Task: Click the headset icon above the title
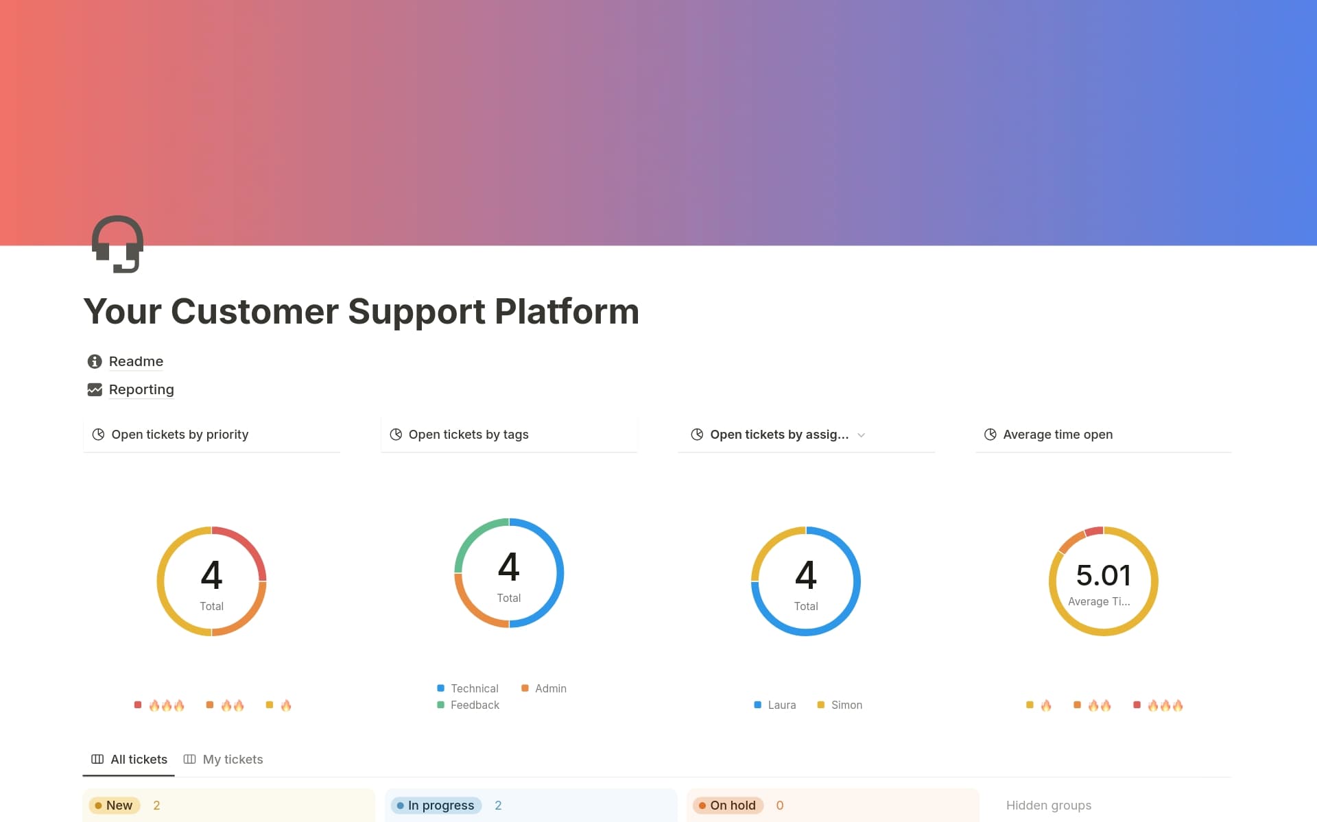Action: tap(117, 244)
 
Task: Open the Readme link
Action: tap(135, 361)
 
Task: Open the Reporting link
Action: tap(141, 389)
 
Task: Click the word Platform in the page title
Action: tap(567, 312)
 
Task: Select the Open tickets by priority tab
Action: tap(179, 435)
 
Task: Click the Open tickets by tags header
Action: tap(468, 435)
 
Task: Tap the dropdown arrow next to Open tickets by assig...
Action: tap(862, 435)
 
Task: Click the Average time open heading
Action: tap(1057, 435)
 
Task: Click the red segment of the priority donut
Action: tap(248, 545)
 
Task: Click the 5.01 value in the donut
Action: tap(1103, 575)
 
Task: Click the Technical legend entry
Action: tap(473, 688)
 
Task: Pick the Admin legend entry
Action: tap(550, 688)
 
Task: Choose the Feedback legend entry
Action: tap(474, 705)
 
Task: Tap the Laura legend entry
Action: tap(781, 705)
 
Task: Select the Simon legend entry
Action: tap(846, 705)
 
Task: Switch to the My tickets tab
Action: tap(232, 760)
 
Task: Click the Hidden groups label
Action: tap(1048, 806)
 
